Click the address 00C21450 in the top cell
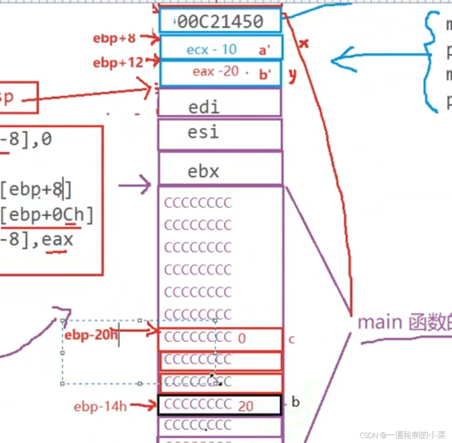pyautogui.click(x=221, y=22)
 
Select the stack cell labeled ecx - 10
pyautogui.click(x=212, y=50)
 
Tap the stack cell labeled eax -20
pyautogui.click(x=216, y=71)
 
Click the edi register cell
pyautogui.click(x=204, y=107)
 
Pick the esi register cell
pyautogui.click(x=203, y=132)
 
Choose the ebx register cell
pyautogui.click(x=203, y=171)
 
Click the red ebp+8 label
pyautogui.click(x=114, y=39)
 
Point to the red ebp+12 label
pyautogui.click(x=117, y=62)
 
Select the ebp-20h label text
pyautogui.click(x=91, y=335)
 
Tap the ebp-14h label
pyautogui.click(x=100, y=406)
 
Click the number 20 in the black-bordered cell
pyautogui.click(x=246, y=406)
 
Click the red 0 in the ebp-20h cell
pyautogui.click(x=242, y=338)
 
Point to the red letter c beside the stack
pyautogui.click(x=291, y=339)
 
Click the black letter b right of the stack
pyautogui.click(x=296, y=402)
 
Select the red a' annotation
pyautogui.click(x=264, y=51)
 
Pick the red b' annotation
pyautogui.click(x=264, y=74)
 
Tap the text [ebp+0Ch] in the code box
pyautogui.click(x=47, y=215)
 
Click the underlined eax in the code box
pyautogui.click(x=57, y=240)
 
